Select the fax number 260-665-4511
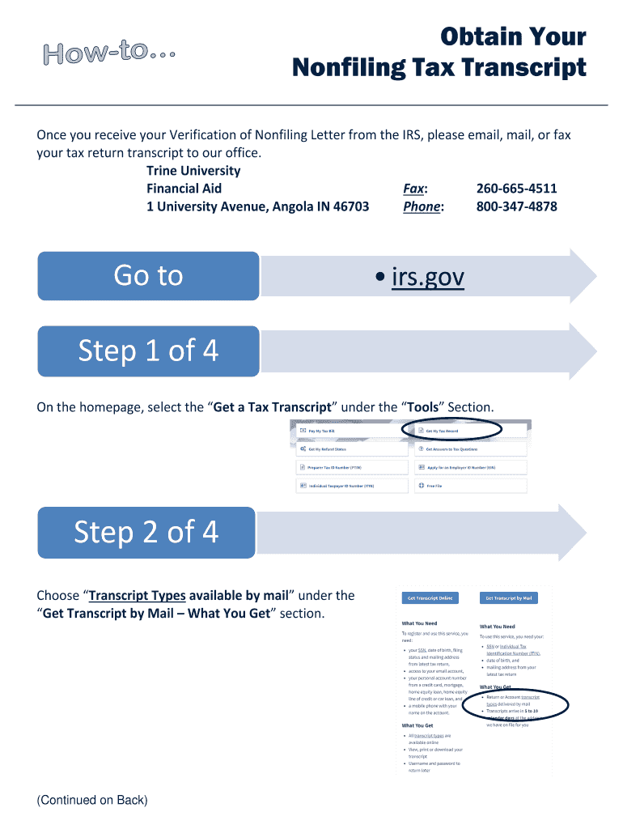[516, 189]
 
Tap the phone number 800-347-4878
[516, 206]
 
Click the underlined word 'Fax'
[414, 189]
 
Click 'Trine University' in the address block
[193, 171]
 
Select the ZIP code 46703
[348, 206]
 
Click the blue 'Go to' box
[148, 276]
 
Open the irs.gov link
[427, 277]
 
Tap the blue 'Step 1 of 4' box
[148, 351]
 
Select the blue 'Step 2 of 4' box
[146, 532]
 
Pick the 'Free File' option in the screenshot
[434, 486]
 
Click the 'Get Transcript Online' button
[430, 598]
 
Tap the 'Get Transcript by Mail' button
[509, 598]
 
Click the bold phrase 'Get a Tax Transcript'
[273, 406]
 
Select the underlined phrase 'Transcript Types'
[137, 596]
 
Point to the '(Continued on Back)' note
[92, 801]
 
